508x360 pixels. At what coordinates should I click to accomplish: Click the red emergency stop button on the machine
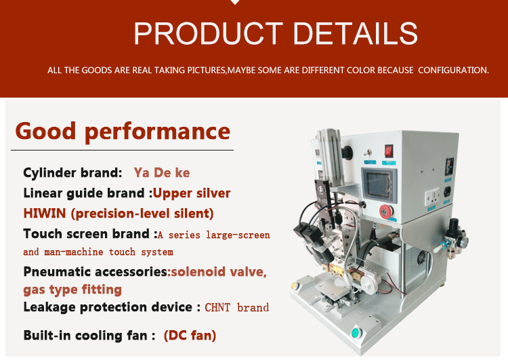pyautogui.click(x=386, y=212)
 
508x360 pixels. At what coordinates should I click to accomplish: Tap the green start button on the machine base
pyautogui.click(x=356, y=333)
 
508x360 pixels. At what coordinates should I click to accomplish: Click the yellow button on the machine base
pyautogui.click(x=295, y=285)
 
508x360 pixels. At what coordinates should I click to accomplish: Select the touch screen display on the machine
pyautogui.click(x=379, y=185)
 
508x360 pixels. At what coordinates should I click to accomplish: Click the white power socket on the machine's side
pyautogui.click(x=433, y=197)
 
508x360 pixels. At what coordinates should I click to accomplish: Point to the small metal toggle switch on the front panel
pyautogui.click(x=368, y=152)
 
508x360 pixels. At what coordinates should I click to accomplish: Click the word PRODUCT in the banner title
pyautogui.click(x=209, y=33)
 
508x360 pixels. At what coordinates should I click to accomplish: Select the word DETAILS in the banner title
pyautogui.click(x=356, y=33)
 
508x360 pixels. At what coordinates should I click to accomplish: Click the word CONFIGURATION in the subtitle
pyautogui.click(x=453, y=70)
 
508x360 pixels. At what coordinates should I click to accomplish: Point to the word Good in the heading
pyautogui.click(x=45, y=131)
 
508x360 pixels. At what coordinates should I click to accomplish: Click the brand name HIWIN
pyautogui.click(x=45, y=214)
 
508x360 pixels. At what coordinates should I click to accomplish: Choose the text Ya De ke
pyautogui.click(x=162, y=172)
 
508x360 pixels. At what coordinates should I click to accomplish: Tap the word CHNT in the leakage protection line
pyautogui.click(x=217, y=307)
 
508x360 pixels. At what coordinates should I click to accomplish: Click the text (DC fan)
pyautogui.click(x=190, y=336)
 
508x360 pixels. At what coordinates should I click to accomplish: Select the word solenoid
pyautogui.click(x=198, y=272)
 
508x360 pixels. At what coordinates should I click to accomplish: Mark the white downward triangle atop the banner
pyautogui.click(x=235, y=2)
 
